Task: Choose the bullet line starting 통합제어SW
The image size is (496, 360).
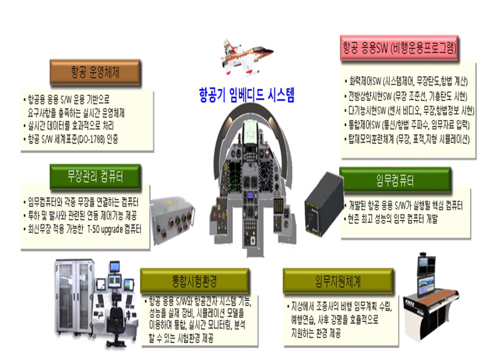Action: point(407,125)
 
